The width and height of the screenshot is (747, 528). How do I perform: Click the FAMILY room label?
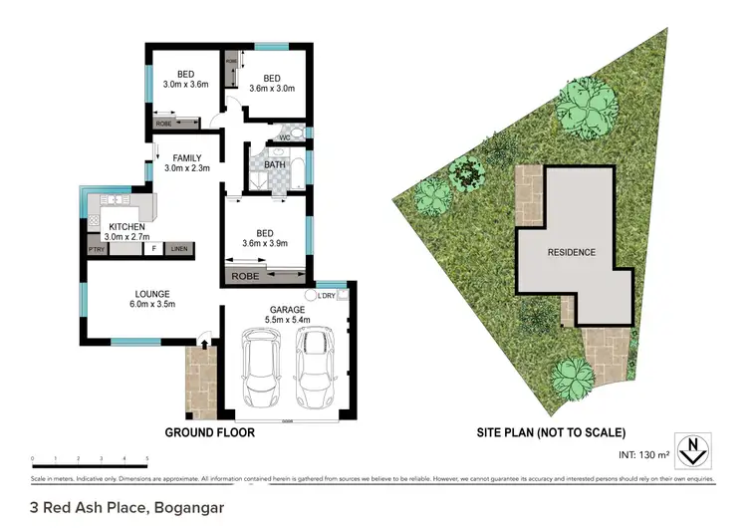tap(186, 157)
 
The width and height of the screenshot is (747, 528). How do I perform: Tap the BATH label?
tap(276, 164)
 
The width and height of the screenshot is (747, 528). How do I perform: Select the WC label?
tap(284, 137)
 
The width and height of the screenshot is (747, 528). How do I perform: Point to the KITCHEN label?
tap(126, 226)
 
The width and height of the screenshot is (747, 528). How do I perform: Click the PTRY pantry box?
tap(97, 249)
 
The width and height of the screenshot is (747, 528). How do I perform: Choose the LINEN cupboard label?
tap(178, 249)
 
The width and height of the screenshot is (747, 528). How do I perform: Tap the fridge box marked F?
tap(154, 249)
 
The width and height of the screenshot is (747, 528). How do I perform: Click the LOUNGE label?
tap(154, 293)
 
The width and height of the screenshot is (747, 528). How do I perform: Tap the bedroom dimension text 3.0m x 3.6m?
tap(185, 85)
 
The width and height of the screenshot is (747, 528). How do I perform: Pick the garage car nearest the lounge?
tap(261, 368)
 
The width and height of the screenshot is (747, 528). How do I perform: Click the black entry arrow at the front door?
tap(204, 345)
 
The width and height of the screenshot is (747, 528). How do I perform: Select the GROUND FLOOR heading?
tap(209, 432)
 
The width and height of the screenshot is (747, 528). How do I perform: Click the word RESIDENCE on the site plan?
tap(572, 252)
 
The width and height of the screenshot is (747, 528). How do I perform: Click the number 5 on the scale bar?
tap(147, 459)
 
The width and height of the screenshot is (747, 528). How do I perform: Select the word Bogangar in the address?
tap(188, 507)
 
